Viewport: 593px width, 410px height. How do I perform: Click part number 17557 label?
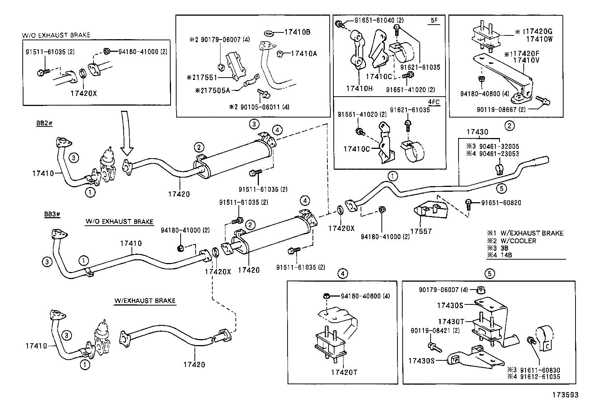(421, 231)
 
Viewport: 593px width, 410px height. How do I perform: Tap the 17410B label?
(297, 32)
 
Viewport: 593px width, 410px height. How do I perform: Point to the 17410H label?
(359, 88)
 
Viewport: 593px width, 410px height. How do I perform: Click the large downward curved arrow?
(126, 132)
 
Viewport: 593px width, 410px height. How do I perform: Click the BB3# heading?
(52, 214)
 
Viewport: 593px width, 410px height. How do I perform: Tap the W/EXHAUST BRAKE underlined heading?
(145, 301)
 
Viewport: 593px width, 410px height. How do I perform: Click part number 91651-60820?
(501, 203)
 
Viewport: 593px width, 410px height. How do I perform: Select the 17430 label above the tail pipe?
(477, 132)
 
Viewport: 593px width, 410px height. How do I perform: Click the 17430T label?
(451, 322)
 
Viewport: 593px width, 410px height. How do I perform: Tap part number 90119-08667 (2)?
(501, 110)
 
